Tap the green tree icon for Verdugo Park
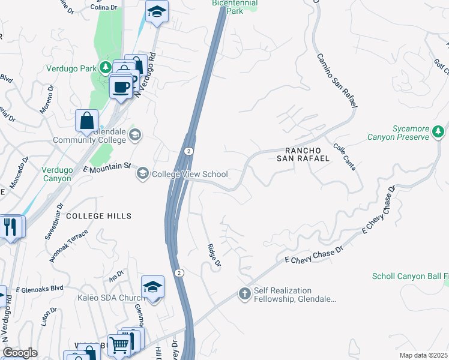pyautogui.click(x=106, y=67)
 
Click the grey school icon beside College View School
pyautogui.click(x=143, y=174)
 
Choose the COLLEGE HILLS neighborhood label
pyautogui.click(x=98, y=215)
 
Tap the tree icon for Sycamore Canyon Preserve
pyautogui.click(x=439, y=131)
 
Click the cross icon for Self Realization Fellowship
pyautogui.click(x=244, y=294)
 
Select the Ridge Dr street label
pyautogui.click(x=214, y=256)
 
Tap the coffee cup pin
pyautogui.click(x=121, y=87)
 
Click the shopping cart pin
pyautogui.click(x=120, y=344)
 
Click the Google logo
pyautogui.click(x=20, y=353)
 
